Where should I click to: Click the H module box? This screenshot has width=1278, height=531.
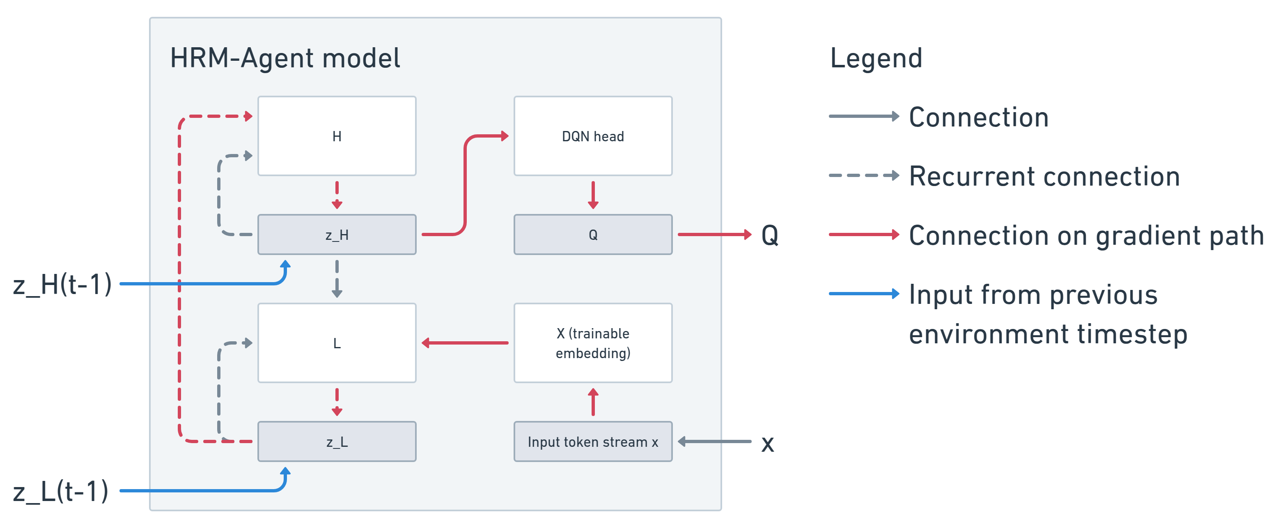click(337, 136)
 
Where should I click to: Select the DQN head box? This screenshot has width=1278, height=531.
click(592, 136)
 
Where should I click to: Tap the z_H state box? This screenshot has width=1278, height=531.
click(337, 235)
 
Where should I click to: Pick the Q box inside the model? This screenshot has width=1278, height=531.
click(592, 235)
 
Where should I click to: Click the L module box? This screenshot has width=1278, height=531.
click(337, 343)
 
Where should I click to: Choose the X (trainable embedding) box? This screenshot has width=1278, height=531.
click(592, 343)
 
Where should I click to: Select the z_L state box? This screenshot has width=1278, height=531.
click(337, 441)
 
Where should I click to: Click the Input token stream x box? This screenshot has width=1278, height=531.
click(592, 441)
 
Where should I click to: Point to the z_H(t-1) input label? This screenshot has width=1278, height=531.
click(62, 284)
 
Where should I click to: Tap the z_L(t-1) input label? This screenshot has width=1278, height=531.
click(60, 491)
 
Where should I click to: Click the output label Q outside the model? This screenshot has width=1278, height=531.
click(769, 235)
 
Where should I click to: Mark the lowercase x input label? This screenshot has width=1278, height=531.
click(767, 443)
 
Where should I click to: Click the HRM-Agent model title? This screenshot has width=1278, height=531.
click(285, 58)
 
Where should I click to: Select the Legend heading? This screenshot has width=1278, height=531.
click(876, 58)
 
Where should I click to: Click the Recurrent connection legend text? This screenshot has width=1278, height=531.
click(1044, 176)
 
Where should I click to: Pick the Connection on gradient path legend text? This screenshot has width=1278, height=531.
click(1085, 235)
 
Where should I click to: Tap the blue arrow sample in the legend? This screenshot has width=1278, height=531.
click(863, 294)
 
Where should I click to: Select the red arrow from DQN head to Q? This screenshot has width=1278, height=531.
click(592, 195)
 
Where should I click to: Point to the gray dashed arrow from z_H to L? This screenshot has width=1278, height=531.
click(337, 279)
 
